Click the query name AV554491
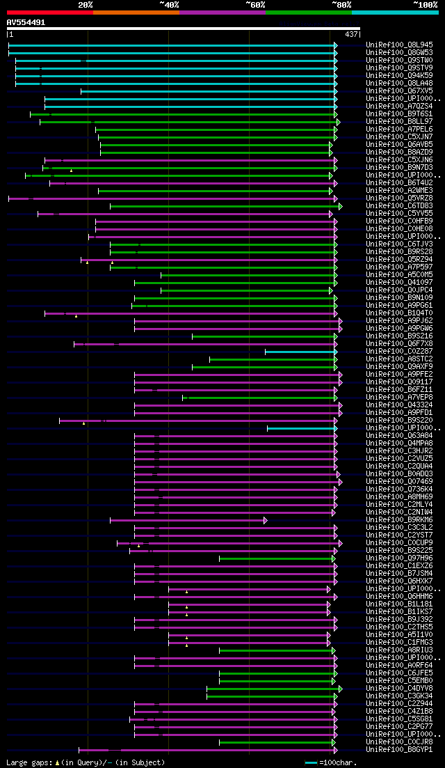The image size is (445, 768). click(26, 22)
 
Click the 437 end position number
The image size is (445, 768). click(351, 34)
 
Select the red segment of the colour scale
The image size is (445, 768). click(49, 12)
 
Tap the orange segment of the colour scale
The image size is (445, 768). click(136, 12)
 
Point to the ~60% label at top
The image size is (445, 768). click(255, 5)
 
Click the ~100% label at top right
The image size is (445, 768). click(425, 5)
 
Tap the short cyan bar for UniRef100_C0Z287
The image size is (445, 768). click(300, 352)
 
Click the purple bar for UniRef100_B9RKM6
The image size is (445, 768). click(188, 520)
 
